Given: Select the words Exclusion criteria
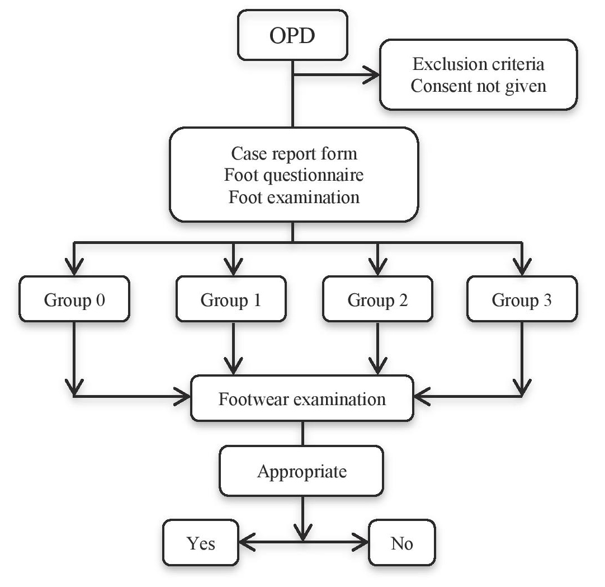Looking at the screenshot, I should tap(478, 64).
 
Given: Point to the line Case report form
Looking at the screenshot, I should tap(294, 153).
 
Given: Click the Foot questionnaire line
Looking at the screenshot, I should tap(294, 175).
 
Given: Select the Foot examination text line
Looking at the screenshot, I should tap(294, 198).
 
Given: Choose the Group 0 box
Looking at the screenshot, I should tap(74, 300).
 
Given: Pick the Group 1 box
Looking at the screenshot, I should tap(231, 300).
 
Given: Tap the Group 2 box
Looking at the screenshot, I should tap(377, 300).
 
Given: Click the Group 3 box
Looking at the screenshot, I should tap(521, 300).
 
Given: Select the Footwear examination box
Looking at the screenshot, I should tap(302, 400).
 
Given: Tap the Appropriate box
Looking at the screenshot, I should tap(302, 471).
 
